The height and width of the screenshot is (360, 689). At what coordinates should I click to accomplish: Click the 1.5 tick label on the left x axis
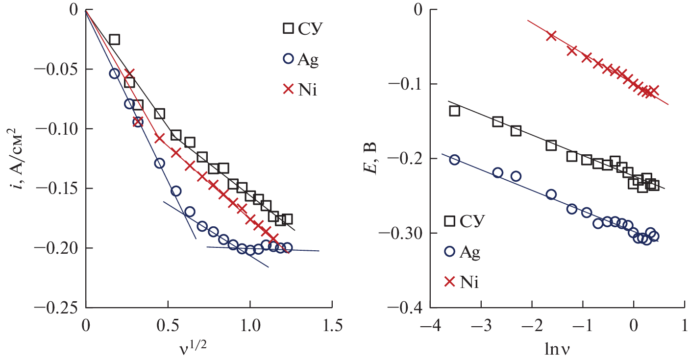click(332, 325)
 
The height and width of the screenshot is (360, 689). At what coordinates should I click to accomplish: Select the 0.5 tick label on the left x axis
click(168, 325)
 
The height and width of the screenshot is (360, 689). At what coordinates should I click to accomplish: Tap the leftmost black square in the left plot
click(114, 40)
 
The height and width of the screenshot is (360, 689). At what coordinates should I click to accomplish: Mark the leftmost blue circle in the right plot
click(454, 160)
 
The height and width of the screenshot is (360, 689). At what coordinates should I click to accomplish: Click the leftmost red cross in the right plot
click(551, 36)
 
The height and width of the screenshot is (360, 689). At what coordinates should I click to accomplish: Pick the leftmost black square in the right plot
click(454, 111)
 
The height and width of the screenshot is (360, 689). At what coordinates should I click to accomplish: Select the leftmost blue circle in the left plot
click(114, 73)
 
